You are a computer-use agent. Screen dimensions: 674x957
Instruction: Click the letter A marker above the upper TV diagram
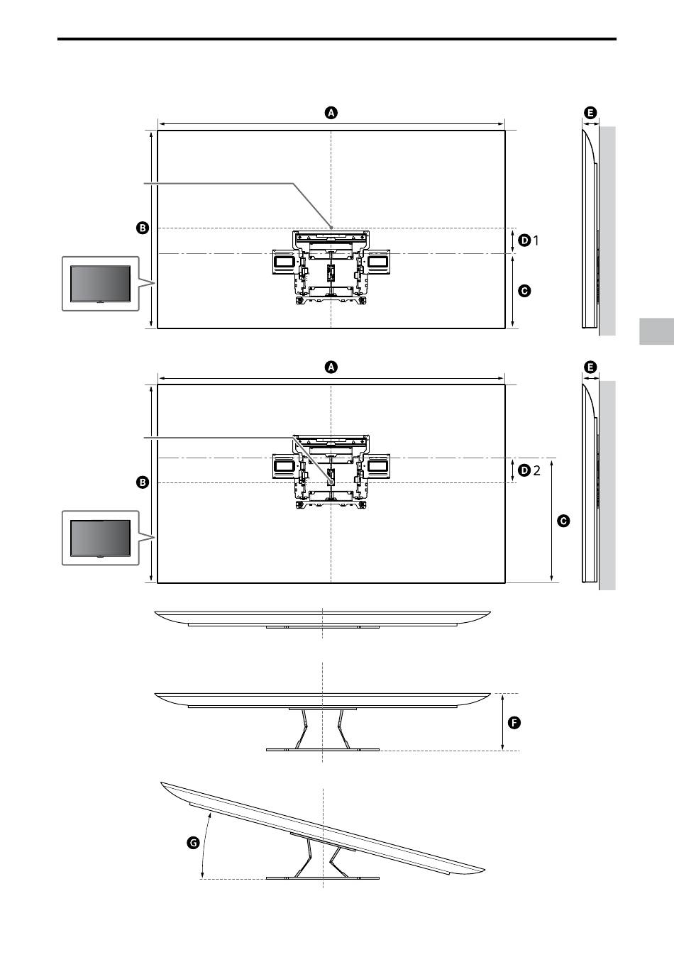331,113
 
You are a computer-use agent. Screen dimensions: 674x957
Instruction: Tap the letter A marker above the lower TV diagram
331,367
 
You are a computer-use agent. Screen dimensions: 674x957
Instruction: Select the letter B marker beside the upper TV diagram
143,228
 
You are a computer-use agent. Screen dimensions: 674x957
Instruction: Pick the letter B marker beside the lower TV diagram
143,482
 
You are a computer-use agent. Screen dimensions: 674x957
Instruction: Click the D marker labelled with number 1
524,240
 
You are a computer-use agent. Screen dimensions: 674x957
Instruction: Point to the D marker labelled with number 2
524,470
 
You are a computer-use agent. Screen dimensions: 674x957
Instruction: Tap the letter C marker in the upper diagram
524,291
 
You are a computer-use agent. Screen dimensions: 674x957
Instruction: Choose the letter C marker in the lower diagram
563,521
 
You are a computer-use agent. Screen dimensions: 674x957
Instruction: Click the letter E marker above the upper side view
590,113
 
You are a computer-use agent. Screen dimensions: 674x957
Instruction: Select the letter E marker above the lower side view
590,367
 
